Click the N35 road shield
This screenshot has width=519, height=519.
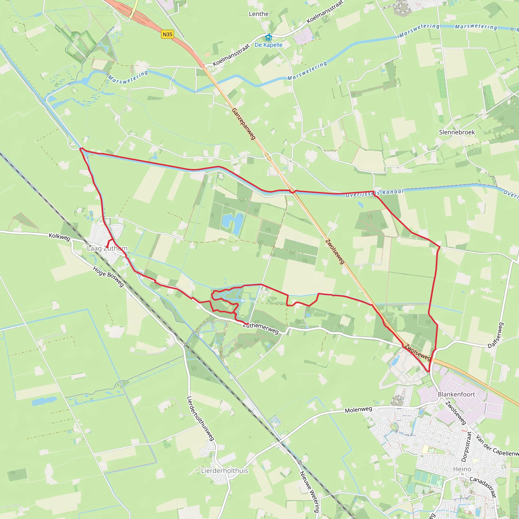tap(167, 34)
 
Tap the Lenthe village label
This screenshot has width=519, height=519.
tap(258, 14)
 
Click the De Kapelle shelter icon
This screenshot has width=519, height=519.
tap(268, 37)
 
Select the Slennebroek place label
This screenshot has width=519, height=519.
tap(457, 132)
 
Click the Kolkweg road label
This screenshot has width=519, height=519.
tap(59, 237)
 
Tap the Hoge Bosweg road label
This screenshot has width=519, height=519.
tap(108, 276)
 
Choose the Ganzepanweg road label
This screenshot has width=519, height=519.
tap(244, 124)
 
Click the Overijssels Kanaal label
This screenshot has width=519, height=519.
tap(375, 193)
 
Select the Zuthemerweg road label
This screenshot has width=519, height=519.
tap(261, 328)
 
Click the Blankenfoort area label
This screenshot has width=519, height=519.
tap(456, 394)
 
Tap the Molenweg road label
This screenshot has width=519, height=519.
tap(358, 410)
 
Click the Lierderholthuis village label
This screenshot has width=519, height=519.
tap(225, 471)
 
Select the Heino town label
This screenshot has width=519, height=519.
tap(462, 469)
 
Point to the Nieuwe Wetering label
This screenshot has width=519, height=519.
tap(309, 492)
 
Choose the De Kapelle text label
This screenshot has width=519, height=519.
tap(268, 45)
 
